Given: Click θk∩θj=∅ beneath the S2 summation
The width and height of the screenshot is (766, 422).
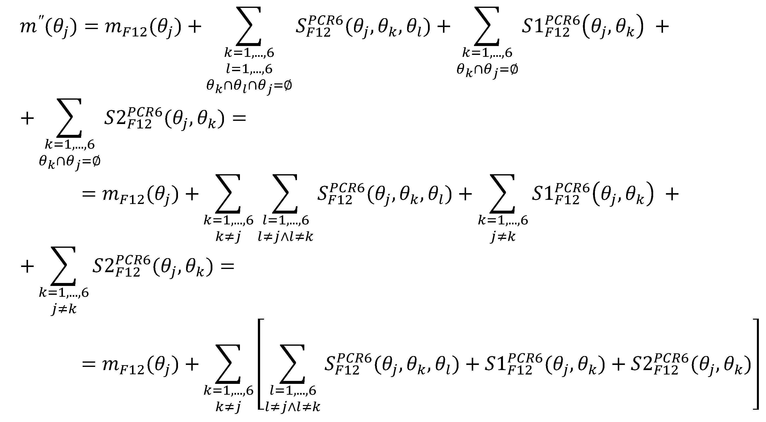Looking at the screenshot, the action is (70, 162).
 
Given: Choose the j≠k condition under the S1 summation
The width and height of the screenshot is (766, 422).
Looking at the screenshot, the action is (503, 237).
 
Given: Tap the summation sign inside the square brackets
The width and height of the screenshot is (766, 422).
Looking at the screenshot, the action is (293, 364).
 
